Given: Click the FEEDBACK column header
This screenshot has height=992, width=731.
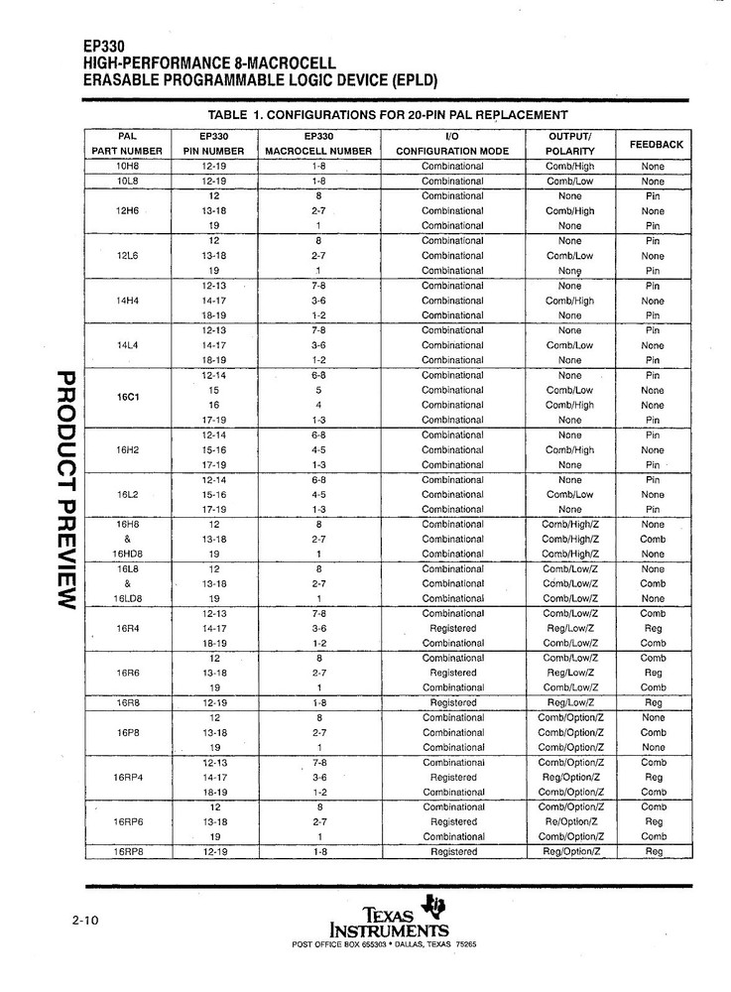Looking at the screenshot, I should pyautogui.click(x=656, y=144).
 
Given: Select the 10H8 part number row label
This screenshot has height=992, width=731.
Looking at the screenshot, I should pyautogui.click(x=126, y=167).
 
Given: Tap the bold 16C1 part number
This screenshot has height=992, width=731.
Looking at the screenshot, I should pyautogui.click(x=126, y=398).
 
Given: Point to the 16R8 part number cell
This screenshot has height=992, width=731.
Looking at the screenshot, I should pyautogui.click(x=126, y=702).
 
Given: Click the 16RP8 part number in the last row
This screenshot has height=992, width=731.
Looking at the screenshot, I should pyautogui.click(x=126, y=852).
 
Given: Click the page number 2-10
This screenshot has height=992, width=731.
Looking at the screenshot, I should pyautogui.click(x=85, y=921).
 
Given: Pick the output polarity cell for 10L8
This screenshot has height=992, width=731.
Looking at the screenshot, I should pyautogui.click(x=570, y=182).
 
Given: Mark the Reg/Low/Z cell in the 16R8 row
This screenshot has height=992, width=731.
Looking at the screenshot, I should pyautogui.click(x=570, y=702).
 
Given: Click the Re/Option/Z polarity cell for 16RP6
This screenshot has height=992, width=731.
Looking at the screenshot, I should pyautogui.click(x=570, y=821).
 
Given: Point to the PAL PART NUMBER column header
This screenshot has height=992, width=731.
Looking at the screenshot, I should pyautogui.click(x=126, y=144).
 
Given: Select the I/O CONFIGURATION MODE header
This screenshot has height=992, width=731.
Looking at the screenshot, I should pyautogui.click(x=452, y=144).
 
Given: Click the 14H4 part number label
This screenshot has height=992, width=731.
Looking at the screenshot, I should pyautogui.click(x=126, y=301).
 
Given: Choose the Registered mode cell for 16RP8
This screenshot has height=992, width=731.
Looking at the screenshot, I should pyautogui.click(x=452, y=852).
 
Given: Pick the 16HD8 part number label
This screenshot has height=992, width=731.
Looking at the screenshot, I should pyautogui.click(x=126, y=554).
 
